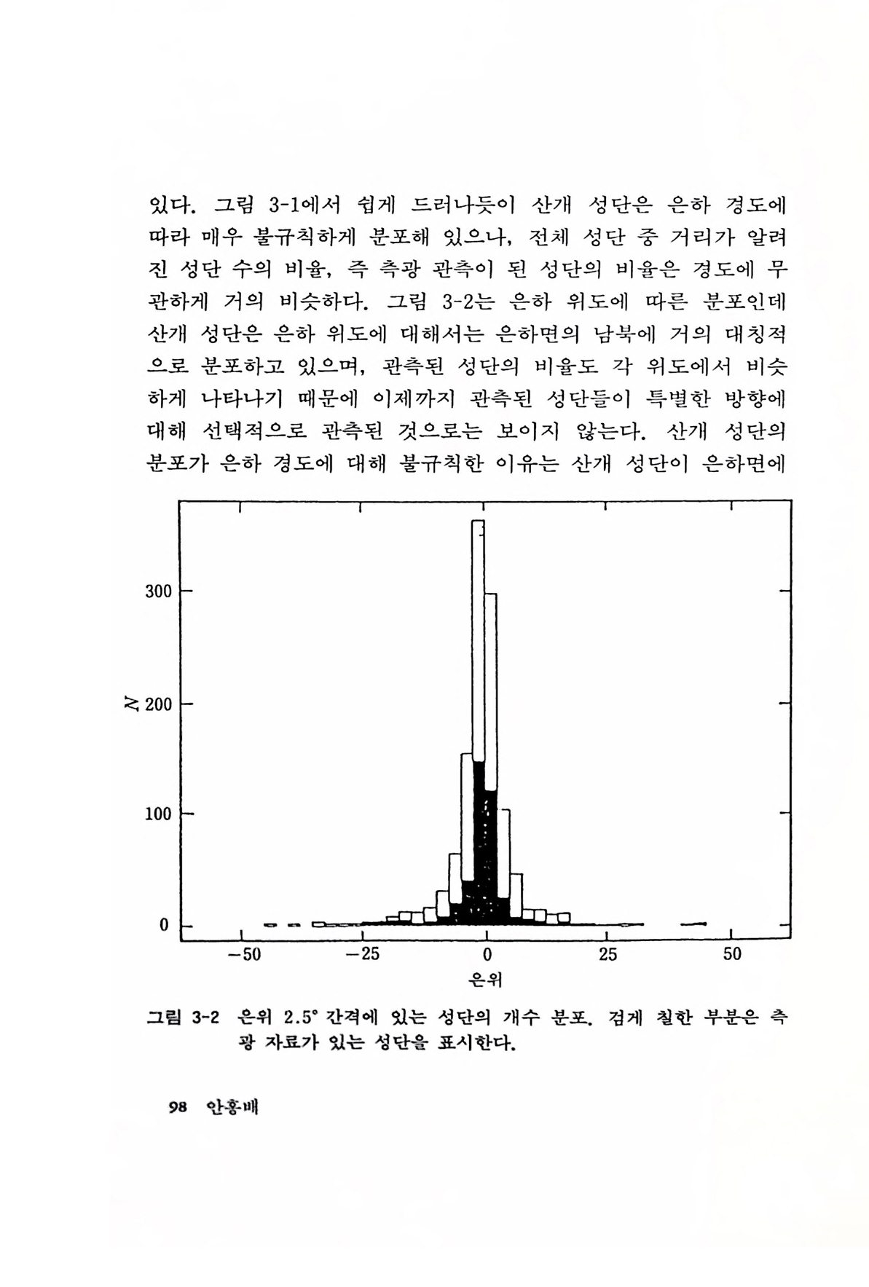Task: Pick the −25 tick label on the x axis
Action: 363,955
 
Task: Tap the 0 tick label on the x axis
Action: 487,955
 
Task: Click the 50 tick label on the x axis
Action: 732,955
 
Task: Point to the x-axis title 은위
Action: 487,980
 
